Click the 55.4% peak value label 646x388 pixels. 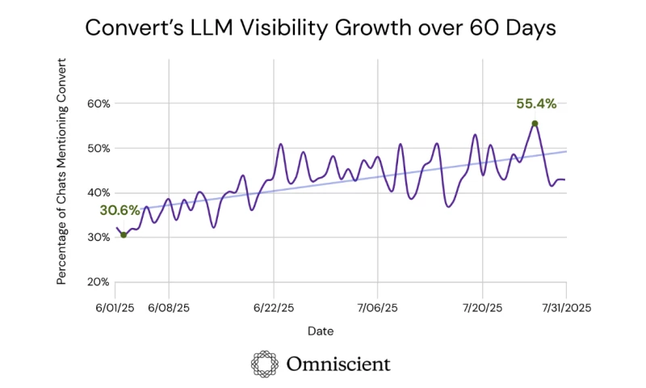point(535,103)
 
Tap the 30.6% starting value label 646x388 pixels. point(120,210)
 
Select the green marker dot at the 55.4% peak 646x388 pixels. point(535,124)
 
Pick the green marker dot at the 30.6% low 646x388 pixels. point(124,235)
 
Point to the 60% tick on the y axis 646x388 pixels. point(97,103)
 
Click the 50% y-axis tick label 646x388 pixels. point(97,148)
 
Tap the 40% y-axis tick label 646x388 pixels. point(97,192)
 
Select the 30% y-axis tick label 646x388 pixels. point(97,237)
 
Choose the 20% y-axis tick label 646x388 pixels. point(97,281)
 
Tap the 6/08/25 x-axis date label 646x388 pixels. point(169,308)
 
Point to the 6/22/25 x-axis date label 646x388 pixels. point(274,308)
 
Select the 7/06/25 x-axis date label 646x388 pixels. point(378,308)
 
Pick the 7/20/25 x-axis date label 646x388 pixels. point(482,308)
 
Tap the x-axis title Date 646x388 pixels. point(320,331)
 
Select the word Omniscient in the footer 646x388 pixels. point(338,364)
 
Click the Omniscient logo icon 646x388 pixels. point(266,364)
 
